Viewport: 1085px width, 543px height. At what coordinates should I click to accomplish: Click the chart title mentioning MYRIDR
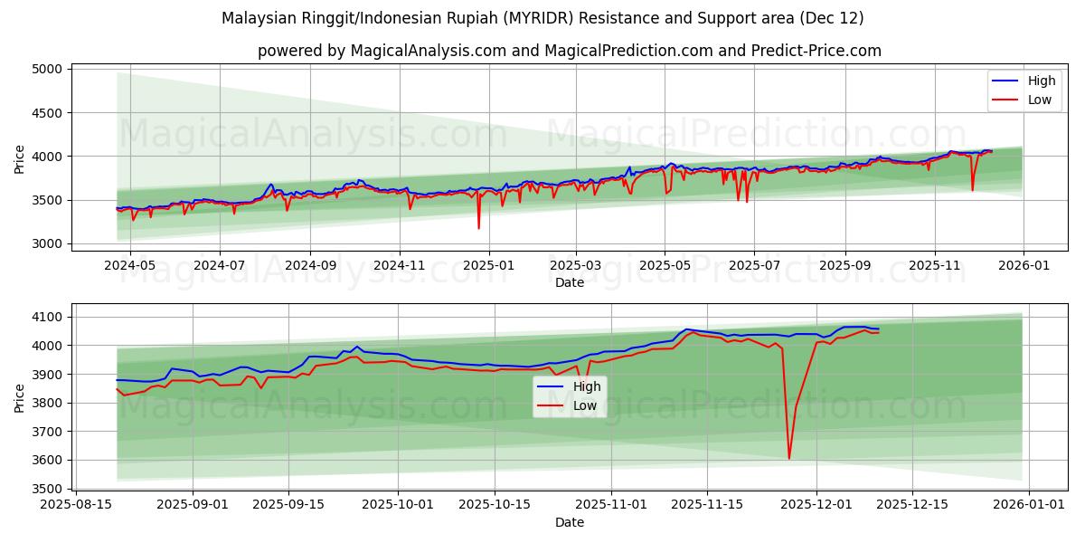[542, 18]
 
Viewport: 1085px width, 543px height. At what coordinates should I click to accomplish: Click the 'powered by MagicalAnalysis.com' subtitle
[570, 51]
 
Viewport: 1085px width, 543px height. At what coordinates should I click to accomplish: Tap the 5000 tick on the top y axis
[47, 69]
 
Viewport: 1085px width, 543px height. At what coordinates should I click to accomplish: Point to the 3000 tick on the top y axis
[47, 243]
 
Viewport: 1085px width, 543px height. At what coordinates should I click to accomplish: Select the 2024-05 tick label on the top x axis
[130, 265]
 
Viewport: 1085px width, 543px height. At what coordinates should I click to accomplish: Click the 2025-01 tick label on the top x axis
[489, 265]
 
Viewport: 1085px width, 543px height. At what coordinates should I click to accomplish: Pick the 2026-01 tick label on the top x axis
[1024, 265]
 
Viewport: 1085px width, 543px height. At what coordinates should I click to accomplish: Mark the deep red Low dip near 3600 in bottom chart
[788, 458]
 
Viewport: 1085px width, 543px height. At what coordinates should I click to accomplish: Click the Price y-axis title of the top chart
[20, 158]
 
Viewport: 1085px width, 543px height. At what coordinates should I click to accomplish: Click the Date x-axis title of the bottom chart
[570, 522]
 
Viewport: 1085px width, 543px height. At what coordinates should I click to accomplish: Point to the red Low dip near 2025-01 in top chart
[479, 227]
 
